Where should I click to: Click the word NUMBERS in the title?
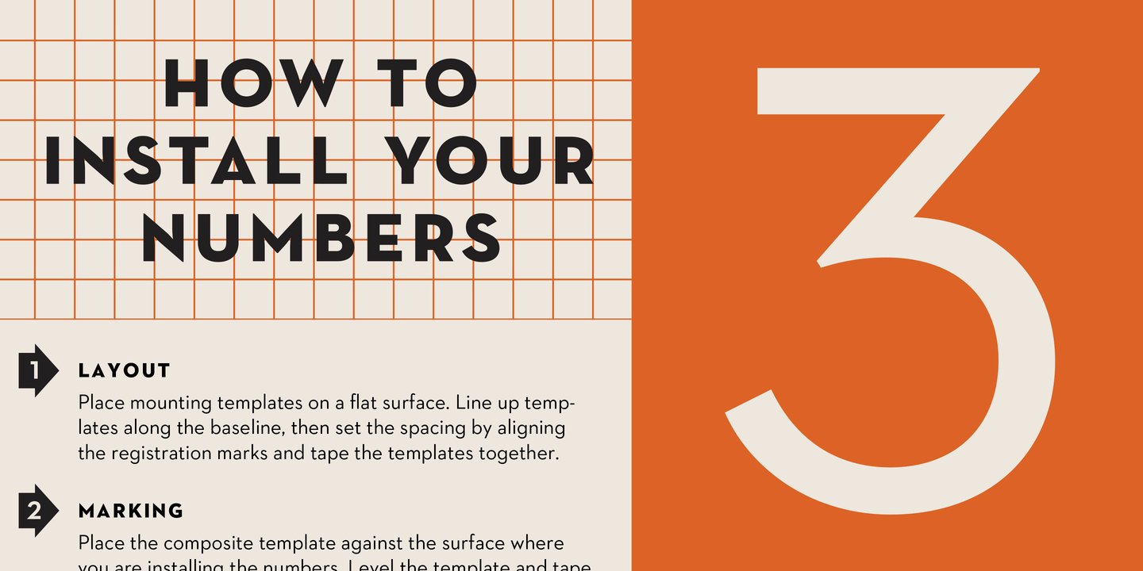pos(321,237)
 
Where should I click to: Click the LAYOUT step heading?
pos(125,370)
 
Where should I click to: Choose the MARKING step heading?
pos(131,511)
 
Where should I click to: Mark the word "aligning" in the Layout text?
pos(531,429)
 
